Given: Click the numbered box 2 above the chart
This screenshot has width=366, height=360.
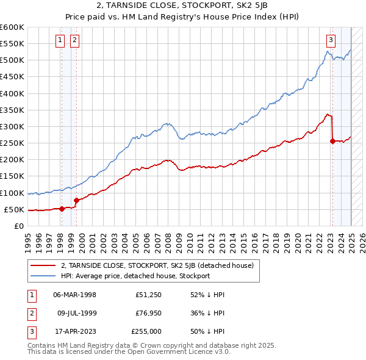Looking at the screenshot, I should (x=74, y=41).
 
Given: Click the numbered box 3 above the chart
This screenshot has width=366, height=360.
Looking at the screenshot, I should (x=331, y=41).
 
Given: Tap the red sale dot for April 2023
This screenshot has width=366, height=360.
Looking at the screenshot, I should (x=332, y=141).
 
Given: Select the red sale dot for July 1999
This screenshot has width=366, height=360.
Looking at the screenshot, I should (x=76, y=200).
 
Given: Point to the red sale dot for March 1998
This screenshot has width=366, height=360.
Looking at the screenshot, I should (x=62, y=209).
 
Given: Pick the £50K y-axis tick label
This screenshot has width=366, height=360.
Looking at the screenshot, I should (x=14, y=209).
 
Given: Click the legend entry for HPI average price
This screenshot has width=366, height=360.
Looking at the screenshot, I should (x=135, y=276).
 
